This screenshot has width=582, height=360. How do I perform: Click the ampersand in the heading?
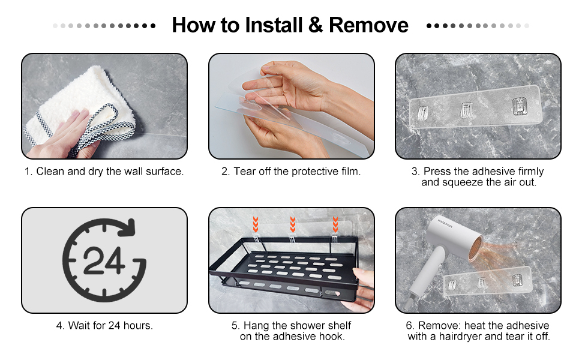click(x=316, y=25)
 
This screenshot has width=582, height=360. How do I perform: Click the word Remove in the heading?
click(x=368, y=25)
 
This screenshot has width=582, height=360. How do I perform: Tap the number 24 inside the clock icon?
click(x=104, y=260)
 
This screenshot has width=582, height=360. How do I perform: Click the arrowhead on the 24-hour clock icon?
click(x=127, y=227)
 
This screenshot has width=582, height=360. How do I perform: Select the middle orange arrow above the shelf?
click(x=293, y=225)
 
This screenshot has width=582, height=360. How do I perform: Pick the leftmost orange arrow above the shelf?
click(x=256, y=224)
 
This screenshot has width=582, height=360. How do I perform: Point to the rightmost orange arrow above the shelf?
click(x=335, y=224)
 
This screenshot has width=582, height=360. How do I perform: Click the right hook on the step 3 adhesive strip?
click(x=519, y=106)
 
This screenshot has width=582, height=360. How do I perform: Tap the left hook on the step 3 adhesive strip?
click(x=422, y=113)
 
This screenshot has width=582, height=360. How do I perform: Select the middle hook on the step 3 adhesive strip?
click(x=467, y=110)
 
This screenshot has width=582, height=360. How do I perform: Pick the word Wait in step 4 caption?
click(x=79, y=325)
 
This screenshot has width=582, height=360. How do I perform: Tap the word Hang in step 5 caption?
click(x=256, y=325)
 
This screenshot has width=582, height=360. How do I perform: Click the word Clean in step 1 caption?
click(x=50, y=172)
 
